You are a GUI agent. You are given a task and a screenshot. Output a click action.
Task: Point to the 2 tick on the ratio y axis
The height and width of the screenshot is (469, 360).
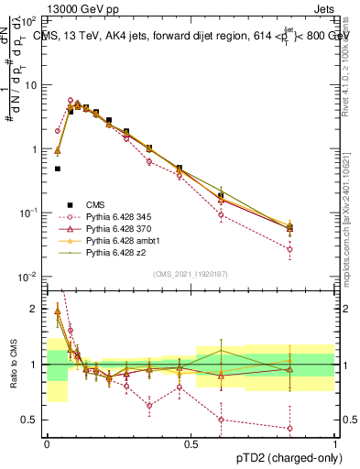click(36, 310)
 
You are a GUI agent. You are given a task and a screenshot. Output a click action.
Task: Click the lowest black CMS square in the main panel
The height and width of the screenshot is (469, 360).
click(58, 169)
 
